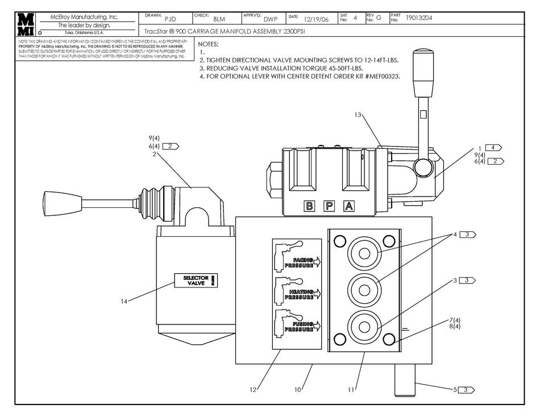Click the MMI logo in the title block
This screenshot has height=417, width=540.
pyautogui.click(x=26, y=24)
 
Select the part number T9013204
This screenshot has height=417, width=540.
pyautogui.click(x=419, y=18)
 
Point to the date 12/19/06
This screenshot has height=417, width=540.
pyautogui.click(x=316, y=19)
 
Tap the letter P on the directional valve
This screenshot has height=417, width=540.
pyautogui.click(x=329, y=206)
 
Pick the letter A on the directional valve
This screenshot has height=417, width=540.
pyautogui.click(x=349, y=206)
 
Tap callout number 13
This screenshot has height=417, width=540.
pyautogui.click(x=358, y=115)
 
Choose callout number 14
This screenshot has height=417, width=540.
pyautogui.click(x=124, y=301)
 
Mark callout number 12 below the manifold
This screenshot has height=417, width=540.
pyautogui.click(x=254, y=390)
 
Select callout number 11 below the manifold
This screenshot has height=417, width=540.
pyautogui.click(x=351, y=390)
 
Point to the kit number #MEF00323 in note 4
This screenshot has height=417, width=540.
pyautogui.click(x=378, y=77)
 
